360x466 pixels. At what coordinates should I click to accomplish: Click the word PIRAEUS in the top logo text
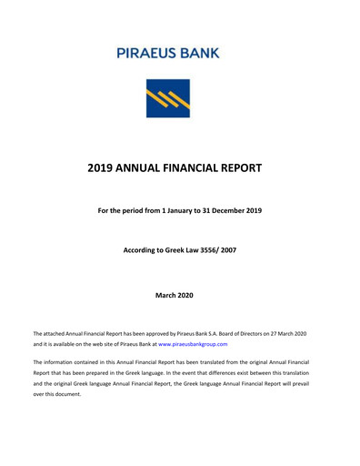pos(151,53)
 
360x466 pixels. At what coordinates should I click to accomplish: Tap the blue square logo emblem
pos(168,99)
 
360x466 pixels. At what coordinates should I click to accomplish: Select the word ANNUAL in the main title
pos(146,168)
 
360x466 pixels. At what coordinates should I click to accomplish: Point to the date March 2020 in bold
pos(179,296)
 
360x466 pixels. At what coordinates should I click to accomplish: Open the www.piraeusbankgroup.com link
pos(193,345)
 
